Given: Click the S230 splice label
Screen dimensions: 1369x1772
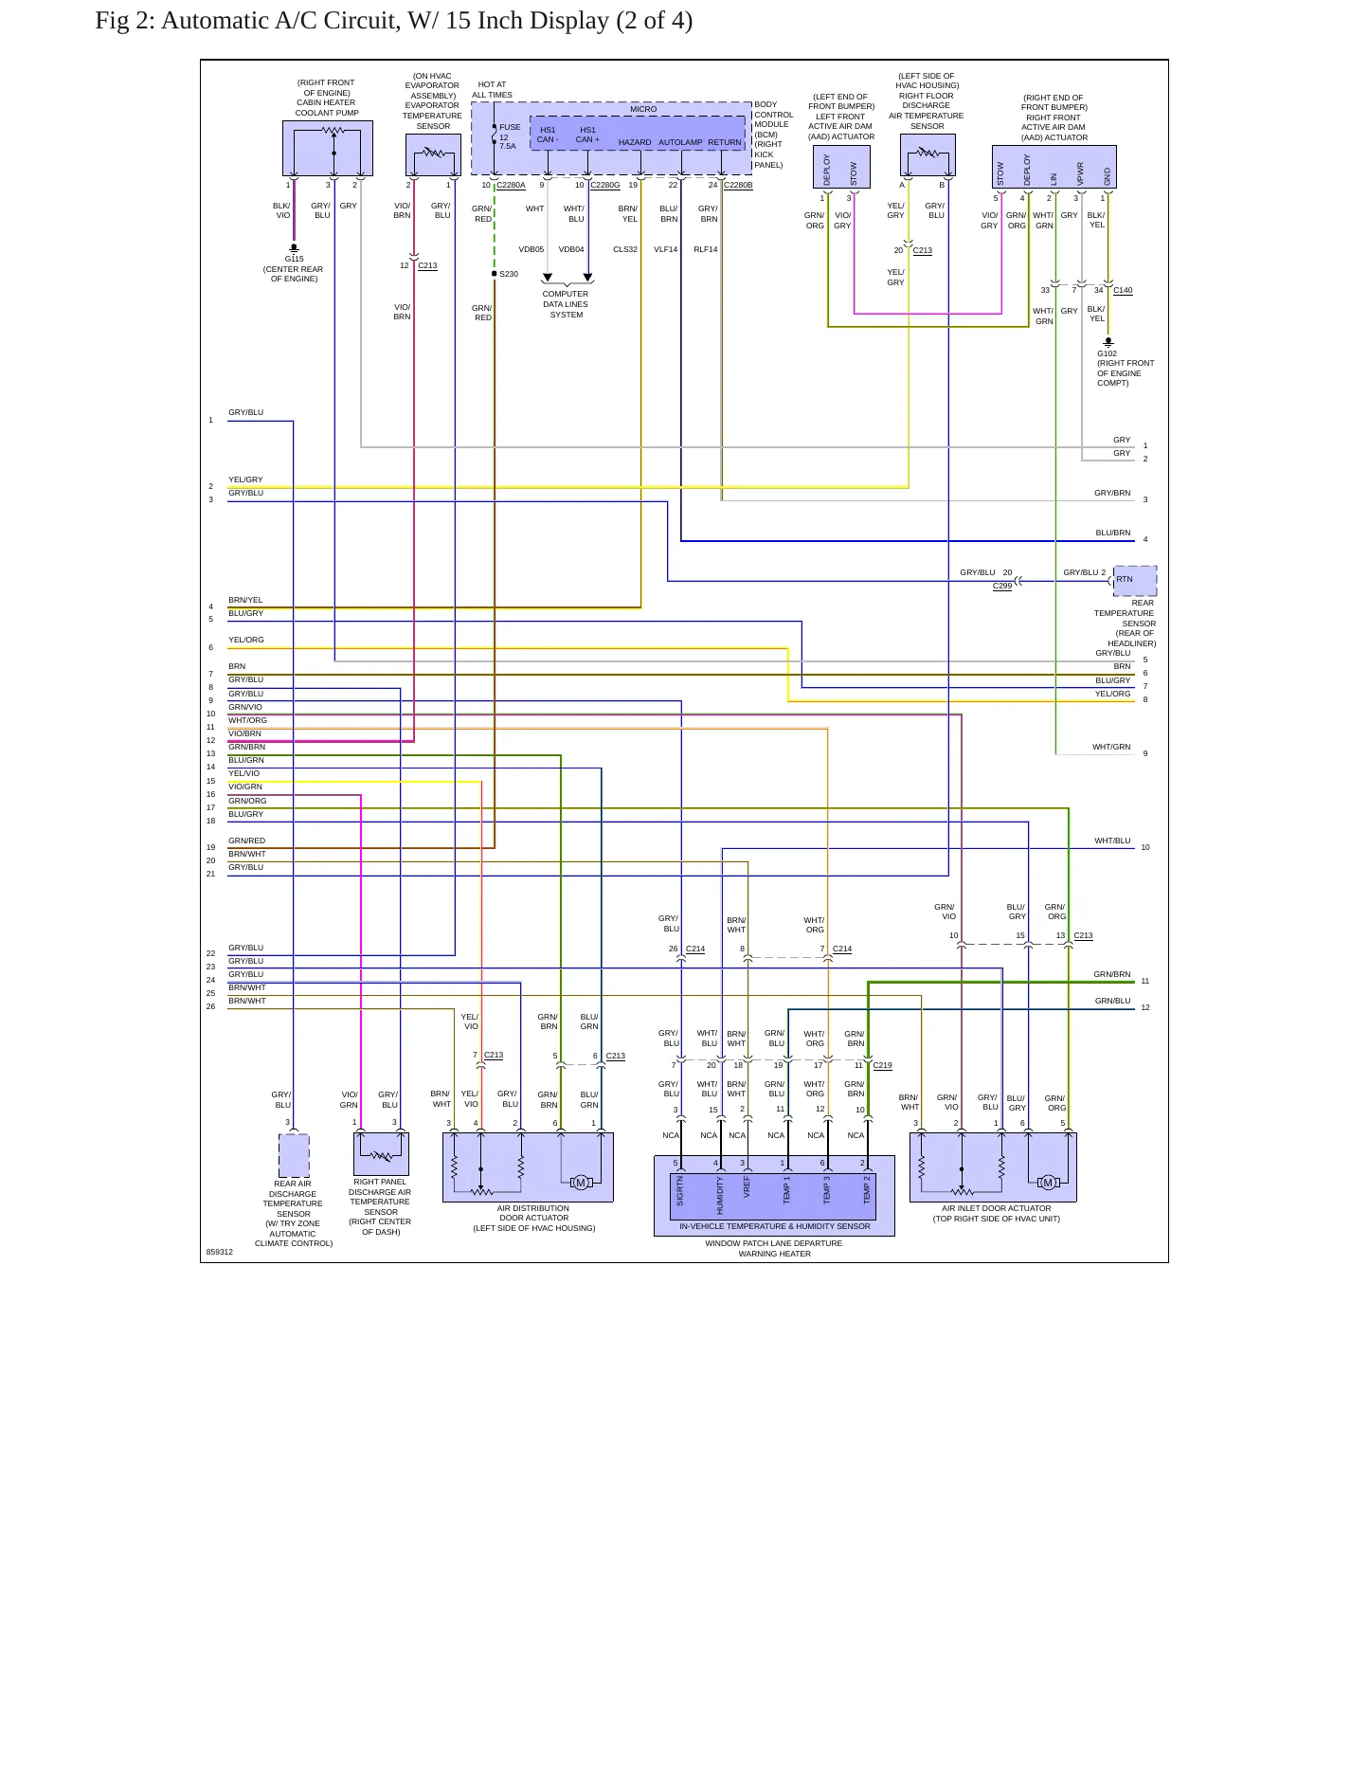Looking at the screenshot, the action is point(509,274).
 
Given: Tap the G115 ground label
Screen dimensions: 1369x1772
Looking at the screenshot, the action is point(294,259).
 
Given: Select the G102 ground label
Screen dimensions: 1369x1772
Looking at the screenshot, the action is point(1107,353).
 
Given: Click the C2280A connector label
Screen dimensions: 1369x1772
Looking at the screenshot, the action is point(511,185).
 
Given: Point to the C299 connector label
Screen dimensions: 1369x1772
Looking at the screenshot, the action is point(1002,586).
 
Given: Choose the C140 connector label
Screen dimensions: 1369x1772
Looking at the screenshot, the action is point(1123,290).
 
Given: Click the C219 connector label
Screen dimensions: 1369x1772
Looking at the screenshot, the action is point(882,1065).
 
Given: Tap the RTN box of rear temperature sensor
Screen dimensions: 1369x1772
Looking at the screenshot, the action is point(1135,581).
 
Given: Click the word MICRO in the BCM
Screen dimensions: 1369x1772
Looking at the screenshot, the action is point(643,109).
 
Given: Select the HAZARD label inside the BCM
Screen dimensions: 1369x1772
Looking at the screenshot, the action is point(635,142).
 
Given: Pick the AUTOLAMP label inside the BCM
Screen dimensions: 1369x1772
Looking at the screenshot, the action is point(680,142).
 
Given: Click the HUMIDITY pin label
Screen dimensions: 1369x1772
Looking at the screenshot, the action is point(720,1195).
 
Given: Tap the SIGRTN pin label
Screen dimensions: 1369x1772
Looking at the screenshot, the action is point(680,1191).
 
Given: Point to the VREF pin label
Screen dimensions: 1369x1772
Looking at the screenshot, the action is point(747,1187).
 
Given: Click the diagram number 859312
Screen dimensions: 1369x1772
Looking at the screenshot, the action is point(220,1252).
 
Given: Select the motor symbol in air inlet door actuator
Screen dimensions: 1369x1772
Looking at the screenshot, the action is point(1047,1183).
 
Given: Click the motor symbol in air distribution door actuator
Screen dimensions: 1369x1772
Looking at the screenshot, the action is point(581,1182).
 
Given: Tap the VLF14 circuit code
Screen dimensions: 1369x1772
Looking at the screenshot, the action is point(665,249).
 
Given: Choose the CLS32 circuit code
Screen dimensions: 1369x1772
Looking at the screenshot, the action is point(625,249).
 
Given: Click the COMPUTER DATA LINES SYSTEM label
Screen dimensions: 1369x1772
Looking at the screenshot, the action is point(566,304).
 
